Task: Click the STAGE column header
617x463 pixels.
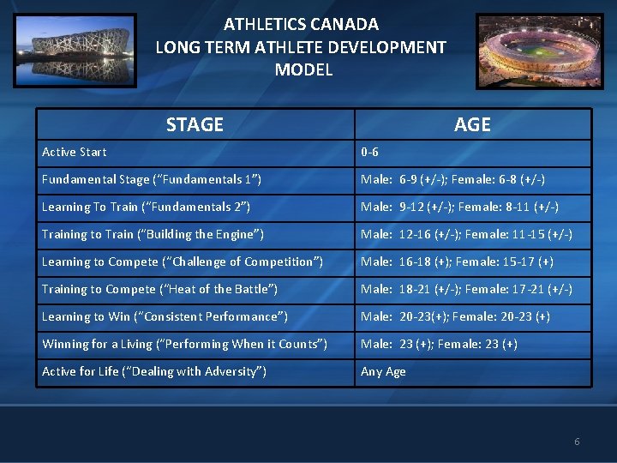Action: coord(195,124)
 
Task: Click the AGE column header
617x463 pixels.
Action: coord(472,124)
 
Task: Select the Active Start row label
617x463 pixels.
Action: coord(75,153)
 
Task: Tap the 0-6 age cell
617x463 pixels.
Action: coord(370,153)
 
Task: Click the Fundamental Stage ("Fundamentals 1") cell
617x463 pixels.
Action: coord(152,180)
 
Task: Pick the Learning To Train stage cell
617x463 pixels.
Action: coord(146,207)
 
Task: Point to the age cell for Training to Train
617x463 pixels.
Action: coord(466,235)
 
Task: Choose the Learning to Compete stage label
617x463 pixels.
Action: coord(183,262)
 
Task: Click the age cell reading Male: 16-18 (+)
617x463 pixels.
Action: coord(457,262)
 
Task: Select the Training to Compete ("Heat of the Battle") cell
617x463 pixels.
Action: coord(159,290)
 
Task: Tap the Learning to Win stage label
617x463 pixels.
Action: coord(165,317)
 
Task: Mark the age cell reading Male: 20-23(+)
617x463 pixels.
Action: coord(455,317)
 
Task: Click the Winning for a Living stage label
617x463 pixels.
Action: coord(184,345)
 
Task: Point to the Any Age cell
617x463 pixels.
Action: coord(383,372)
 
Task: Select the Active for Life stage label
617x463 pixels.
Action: coord(154,372)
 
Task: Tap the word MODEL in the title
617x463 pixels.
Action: coord(303,70)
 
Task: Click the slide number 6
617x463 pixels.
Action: coord(577,442)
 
